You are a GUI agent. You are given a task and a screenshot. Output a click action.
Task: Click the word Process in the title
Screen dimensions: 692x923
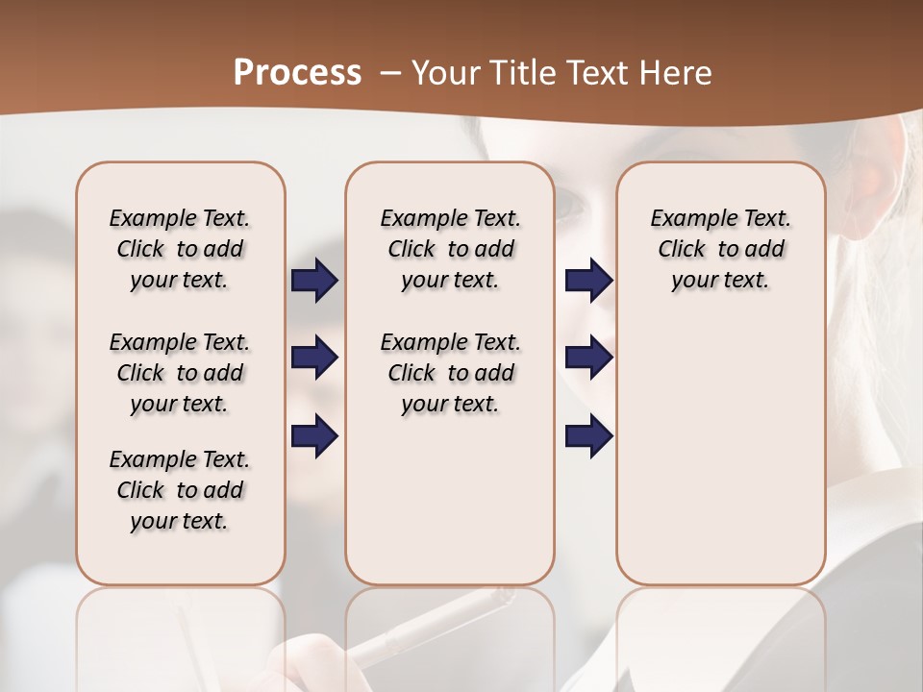point(297,73)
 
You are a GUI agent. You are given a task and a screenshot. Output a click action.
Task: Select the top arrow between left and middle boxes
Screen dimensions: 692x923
point(314,280)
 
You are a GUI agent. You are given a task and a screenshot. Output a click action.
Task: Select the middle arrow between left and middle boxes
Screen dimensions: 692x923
point(314,358)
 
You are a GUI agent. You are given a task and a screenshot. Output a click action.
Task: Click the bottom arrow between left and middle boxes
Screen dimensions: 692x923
point(314,436)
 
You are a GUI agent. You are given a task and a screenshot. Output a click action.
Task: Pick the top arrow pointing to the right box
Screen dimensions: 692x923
point(588,280)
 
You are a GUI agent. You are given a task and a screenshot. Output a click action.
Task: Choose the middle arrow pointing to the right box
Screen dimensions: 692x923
point(588,358)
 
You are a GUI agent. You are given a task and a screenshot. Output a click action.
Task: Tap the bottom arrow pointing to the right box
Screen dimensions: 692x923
point(588,436)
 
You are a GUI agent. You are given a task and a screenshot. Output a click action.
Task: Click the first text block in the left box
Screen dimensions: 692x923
point(180,249)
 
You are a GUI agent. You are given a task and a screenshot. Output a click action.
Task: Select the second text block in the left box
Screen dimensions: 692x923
point(180,373)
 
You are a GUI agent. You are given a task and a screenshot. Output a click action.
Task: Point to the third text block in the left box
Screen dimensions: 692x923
point(180,490)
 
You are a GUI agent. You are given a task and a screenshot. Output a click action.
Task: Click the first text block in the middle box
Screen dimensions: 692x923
point(450,249)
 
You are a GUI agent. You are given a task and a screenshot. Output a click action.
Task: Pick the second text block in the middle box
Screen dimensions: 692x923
point(450,373)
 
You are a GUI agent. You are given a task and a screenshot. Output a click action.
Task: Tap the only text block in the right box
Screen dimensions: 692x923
point(720,249)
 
